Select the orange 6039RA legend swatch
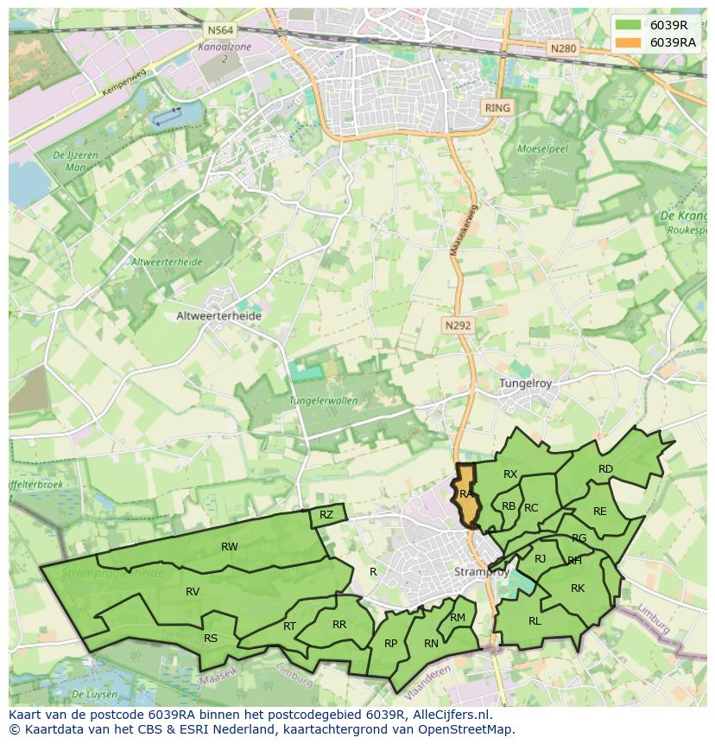(x=629, y=42)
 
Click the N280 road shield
(x=562, y=48)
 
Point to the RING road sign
(x=497, y=108)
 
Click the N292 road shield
(x=458, y=325)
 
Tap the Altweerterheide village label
(x=218, y=316)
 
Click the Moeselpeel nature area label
(x=541, y=149)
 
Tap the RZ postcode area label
(x=326, y=515)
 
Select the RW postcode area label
(x=229, y=546)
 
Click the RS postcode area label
(x=211, y=639)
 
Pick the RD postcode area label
(x=605, y=469)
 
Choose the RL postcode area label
(x=535, y=620)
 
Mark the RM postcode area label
(x=458, y=617)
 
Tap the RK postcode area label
(x=578, y=588)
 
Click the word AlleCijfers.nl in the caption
(x=451, y=715)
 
